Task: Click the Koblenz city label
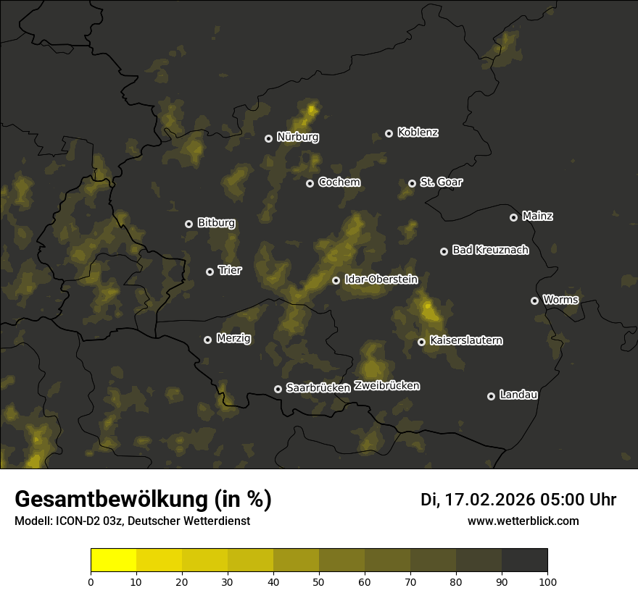[x=418, y=133]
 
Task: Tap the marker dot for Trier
[x=210, y=272]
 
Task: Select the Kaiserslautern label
[x=465, y=340]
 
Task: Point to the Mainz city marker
[x=514, y=217]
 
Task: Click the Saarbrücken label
[x=318, y=388]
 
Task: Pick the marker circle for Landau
[x=492, y=396]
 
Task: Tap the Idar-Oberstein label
[x=381, y=279]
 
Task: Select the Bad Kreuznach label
[x=490, y=250]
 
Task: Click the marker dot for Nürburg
[x=269, y=138]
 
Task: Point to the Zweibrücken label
[x=386, y=386]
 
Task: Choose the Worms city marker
[x=535, y=300]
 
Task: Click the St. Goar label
[x=441, y=182]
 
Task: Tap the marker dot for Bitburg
[x=189, y=224]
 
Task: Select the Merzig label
[x=233, y=338]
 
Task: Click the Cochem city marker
[x=310, y=183]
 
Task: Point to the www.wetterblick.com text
[x=523, y=521]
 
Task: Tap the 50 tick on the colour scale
[x=319, y=581]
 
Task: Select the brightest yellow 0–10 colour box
[x=114, y=560]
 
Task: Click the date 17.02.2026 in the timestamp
[x=490, y=500]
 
